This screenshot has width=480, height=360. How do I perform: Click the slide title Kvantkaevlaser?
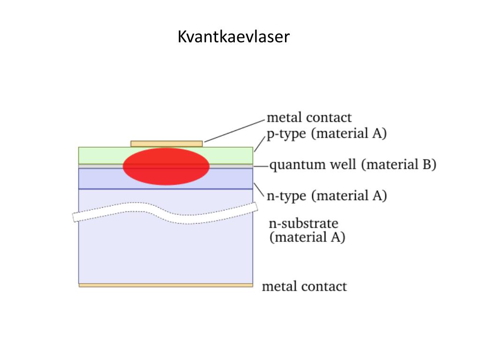click(233, 37)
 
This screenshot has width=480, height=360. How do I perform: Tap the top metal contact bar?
click(166, 143)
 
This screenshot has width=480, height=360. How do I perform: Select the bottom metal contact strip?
click(165, 285)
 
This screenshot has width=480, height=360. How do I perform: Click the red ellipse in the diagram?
click(166, 166)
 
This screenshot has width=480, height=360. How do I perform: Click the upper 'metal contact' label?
click(309, 117)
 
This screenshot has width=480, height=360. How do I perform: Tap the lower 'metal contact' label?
click(304, 286)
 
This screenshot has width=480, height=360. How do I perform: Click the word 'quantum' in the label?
click(291, 165)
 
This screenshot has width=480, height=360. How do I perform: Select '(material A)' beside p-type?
click(349, 134)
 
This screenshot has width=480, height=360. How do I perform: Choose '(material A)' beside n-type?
click(349, 195)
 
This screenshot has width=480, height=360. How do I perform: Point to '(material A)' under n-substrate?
click(307, 237)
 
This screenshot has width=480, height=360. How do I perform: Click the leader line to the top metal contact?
click(234, 131)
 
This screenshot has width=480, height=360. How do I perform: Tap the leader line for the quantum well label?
click(261, 166)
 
